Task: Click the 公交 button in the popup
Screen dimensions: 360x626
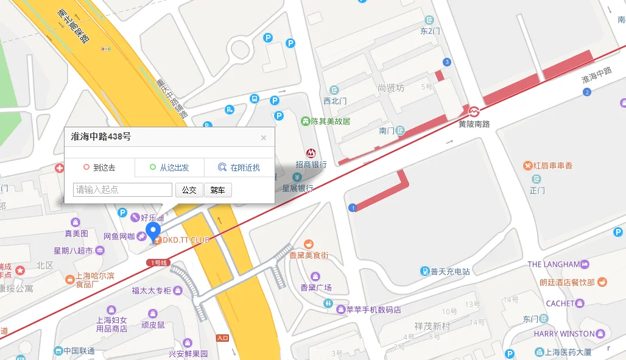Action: point(189,190)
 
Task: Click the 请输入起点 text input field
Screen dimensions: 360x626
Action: point(122,190)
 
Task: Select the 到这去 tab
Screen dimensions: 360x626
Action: point(100,168)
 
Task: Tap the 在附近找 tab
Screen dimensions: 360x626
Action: point(239,168)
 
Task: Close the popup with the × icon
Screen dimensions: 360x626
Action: point(264,138)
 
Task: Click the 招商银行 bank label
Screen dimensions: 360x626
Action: point(311,164)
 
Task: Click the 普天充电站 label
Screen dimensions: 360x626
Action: point(450,271)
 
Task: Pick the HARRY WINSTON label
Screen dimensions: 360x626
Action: point(564,334)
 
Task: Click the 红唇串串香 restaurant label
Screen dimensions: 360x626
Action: point(553,166)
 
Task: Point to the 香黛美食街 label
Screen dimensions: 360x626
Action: point(309,255)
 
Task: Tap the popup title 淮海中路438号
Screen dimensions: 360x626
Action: point(101,137)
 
